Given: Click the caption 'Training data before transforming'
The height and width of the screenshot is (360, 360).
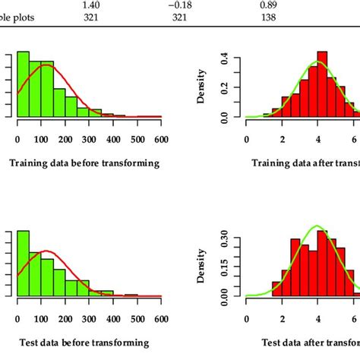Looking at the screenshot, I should click(84, 163).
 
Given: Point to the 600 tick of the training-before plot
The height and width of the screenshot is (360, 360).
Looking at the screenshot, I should click(161, 140).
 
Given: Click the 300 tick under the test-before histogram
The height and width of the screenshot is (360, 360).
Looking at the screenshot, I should click(90, 319).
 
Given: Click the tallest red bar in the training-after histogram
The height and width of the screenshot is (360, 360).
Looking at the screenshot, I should click(322, 84).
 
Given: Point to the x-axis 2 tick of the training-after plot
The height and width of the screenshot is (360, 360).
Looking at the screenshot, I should click(281, 140).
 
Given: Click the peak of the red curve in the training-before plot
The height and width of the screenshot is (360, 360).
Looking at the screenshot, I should click(46, 65).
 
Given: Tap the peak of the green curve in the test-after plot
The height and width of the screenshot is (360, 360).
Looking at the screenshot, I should click(317, 226).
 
